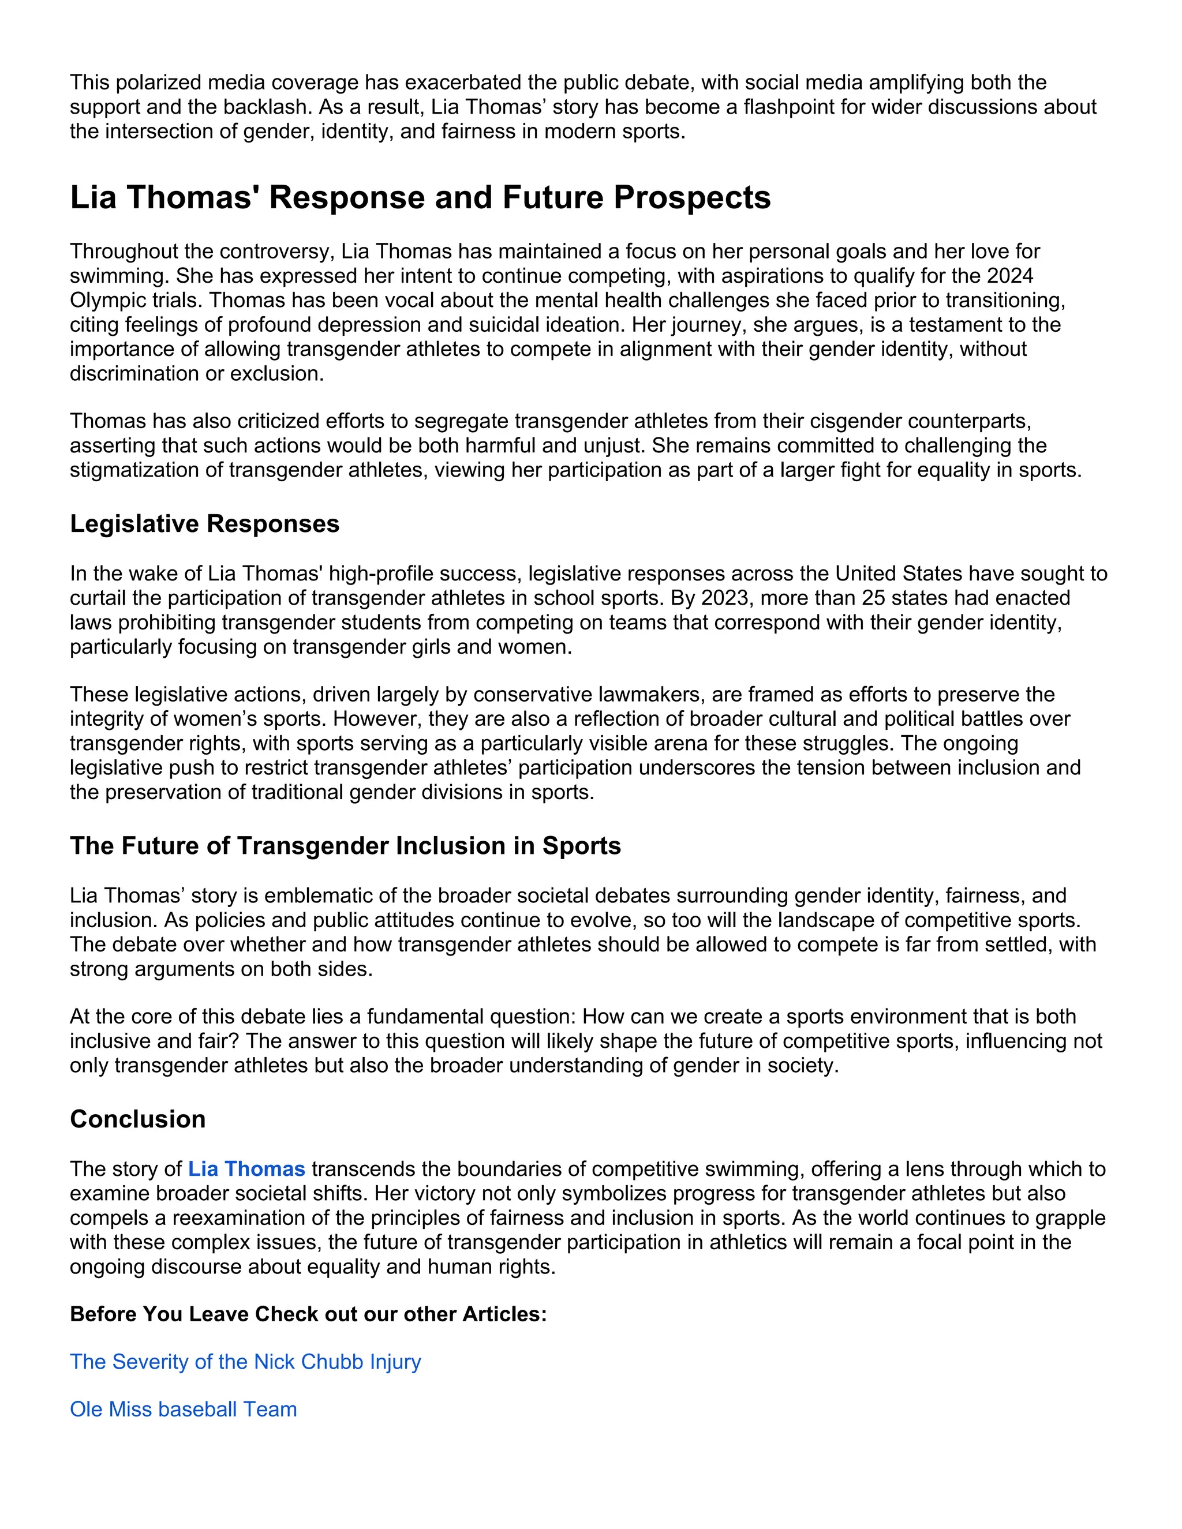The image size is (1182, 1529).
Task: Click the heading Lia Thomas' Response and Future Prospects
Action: (420, 197)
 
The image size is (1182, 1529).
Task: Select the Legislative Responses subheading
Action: (204, 524)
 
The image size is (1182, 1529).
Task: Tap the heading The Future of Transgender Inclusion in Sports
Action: (345, 846)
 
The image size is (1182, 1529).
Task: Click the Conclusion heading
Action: (138, 1119)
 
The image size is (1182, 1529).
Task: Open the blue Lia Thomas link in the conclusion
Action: (246, 1169)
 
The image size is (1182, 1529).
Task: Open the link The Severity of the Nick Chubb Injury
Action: (245, 1362)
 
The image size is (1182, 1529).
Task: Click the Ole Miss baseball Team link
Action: (184, 1410)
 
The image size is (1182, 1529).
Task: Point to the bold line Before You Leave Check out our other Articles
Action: (308, 1314)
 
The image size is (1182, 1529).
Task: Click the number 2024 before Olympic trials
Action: (1010, 276)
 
